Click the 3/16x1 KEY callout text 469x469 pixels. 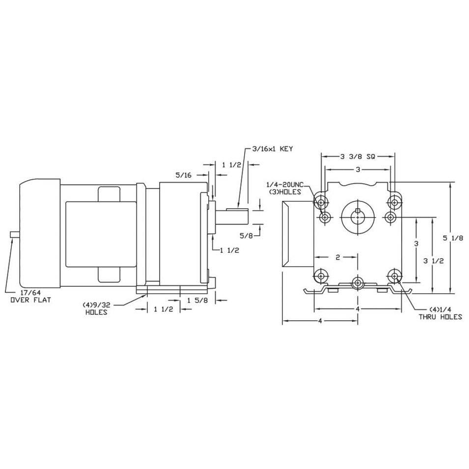[273, 149]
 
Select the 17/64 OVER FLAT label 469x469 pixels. [31, 297]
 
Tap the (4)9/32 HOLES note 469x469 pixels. [96, 308]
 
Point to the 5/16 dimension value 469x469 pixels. [184, 175]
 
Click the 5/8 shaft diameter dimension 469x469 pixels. [246, 236]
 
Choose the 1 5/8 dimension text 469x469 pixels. [197, 300]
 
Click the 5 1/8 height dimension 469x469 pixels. [453, 238]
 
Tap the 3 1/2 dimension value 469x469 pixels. [434, 261]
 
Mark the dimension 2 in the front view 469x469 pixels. [338, 257]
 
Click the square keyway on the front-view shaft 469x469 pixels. [358, 210]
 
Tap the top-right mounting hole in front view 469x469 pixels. [394, 203]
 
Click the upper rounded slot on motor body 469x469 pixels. [109, 194]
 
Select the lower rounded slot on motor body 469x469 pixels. [109, 275]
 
